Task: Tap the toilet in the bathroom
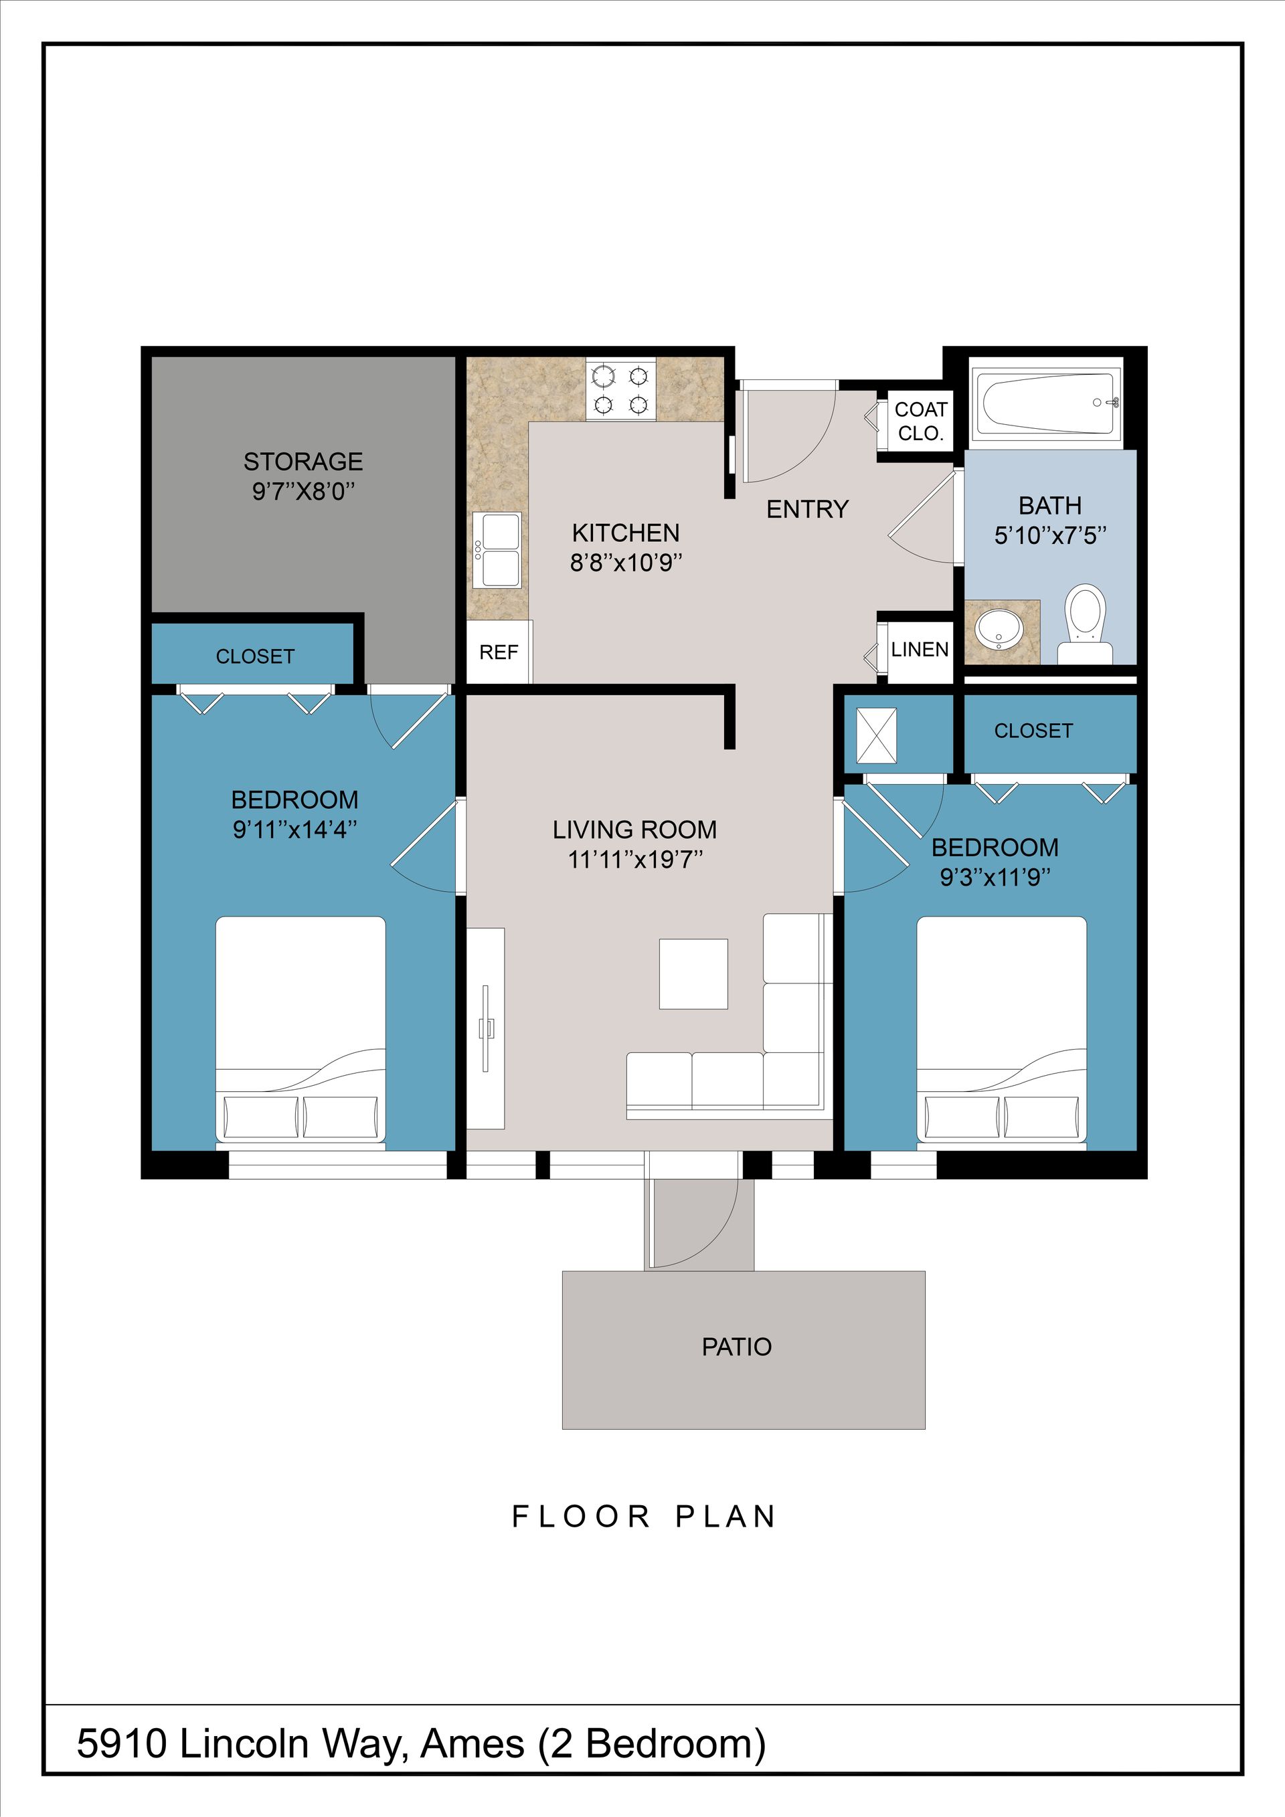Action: click(x=1085, y=624)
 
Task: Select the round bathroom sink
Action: click(x=999, y=629)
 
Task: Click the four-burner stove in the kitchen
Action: click(x=620, y=390)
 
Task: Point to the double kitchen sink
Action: click(x=497, y=550)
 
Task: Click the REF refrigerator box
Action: click(x=499, y=652)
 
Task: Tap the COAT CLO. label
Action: click(x=921, y=421)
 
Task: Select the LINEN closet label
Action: click(x=919, y=650)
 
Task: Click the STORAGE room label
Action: click(x=303, y=462)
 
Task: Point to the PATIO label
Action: click(x=736, y=1347)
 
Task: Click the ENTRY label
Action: click(x=808, y=509)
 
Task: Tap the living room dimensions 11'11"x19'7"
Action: click(x=636, y=860)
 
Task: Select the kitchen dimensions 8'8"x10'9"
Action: click(x=626, y=563)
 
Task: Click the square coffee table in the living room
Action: click(x=693, y=973)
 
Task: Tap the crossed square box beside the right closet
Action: click(x=877, y=736)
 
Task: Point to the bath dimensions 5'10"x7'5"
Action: click(x=1050, y=536)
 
